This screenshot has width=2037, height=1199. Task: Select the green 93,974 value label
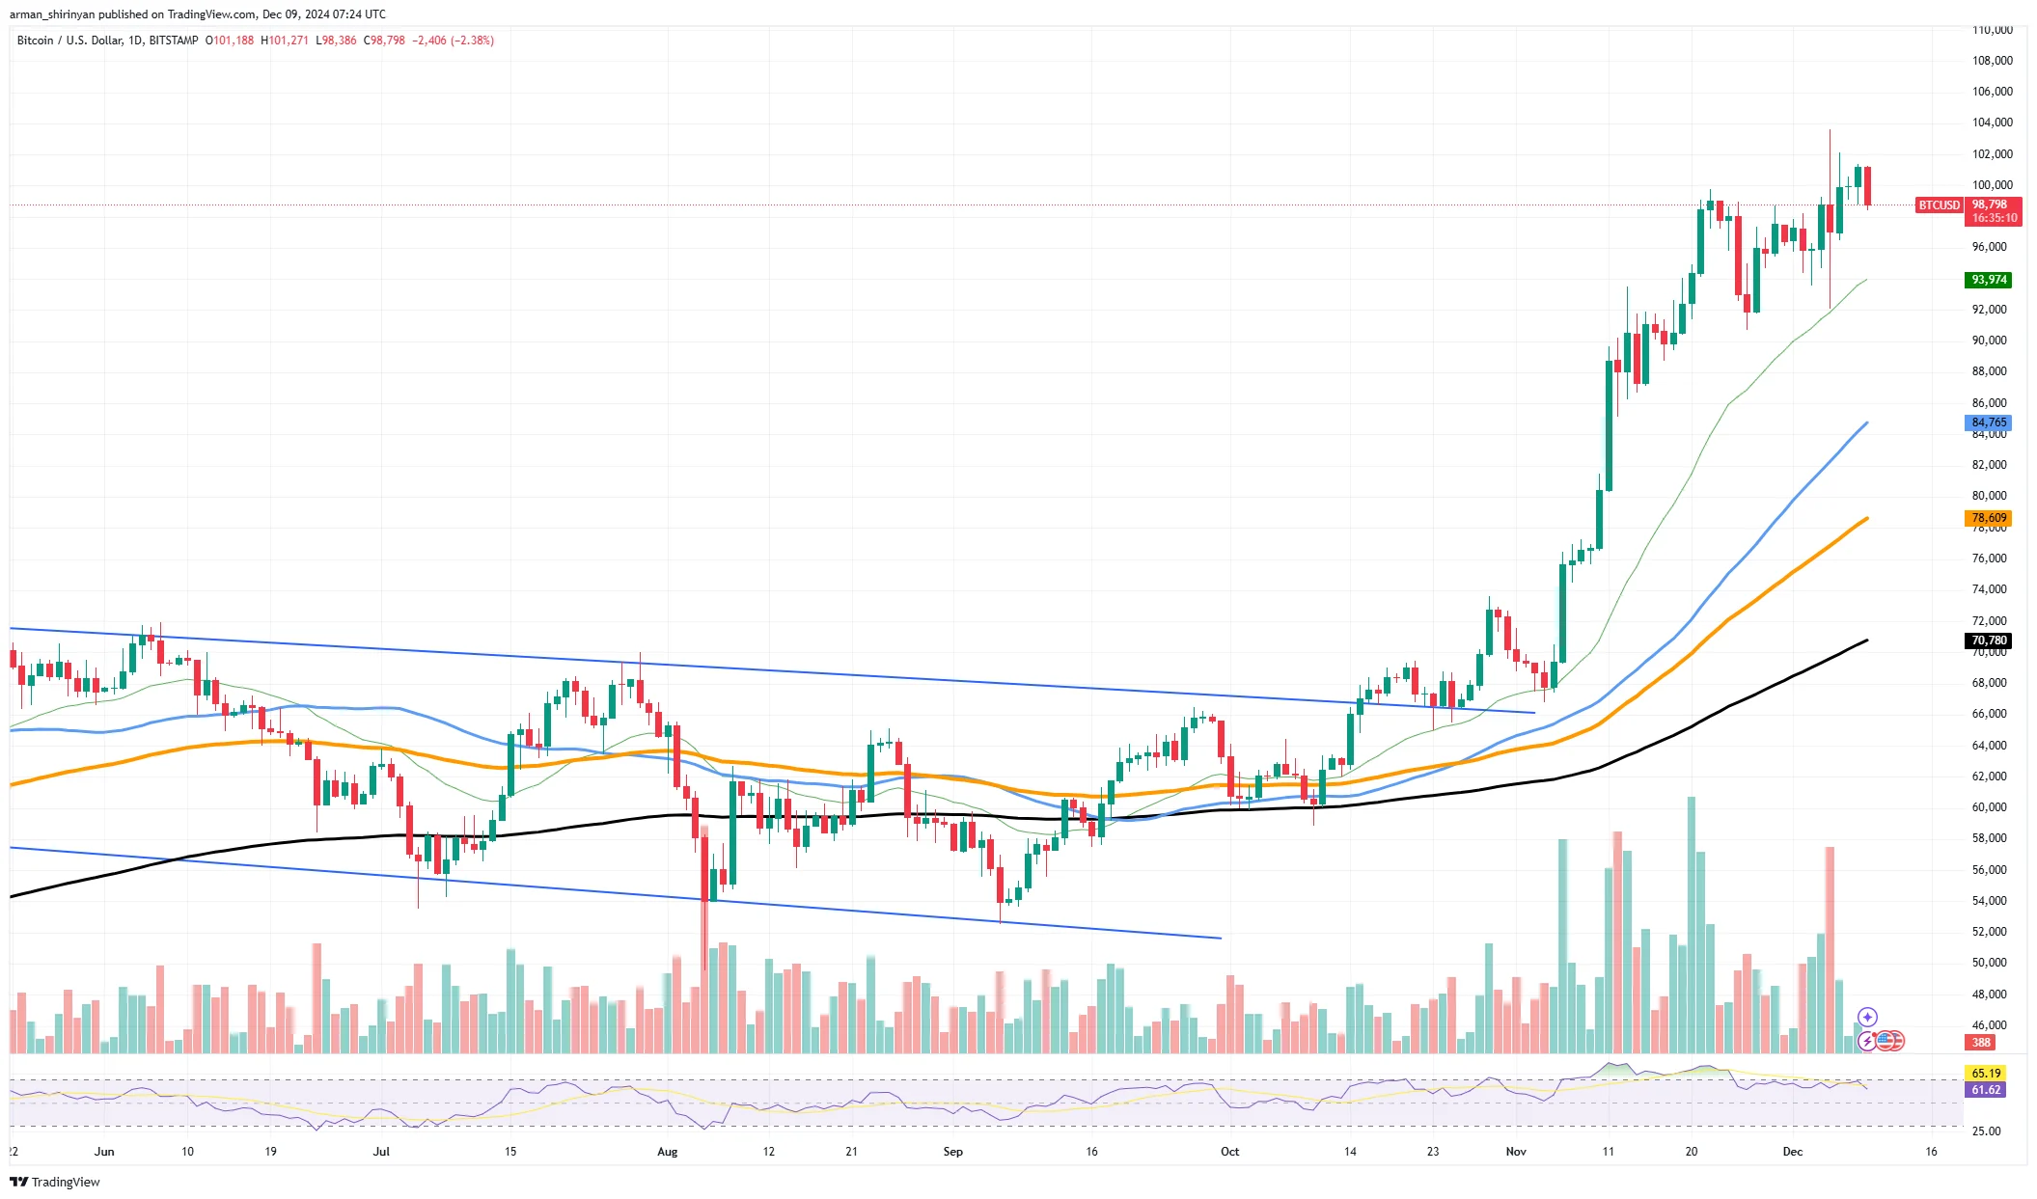pyautogui.click(x=1989, y=280)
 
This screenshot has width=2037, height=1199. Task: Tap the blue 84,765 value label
pyautogui.click(x=1989, y=422)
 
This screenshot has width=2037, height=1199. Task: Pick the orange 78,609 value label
pyautogui.click(x=1989, y=518)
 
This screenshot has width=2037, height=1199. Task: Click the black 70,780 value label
pyautogui.click(x=1989, y=640)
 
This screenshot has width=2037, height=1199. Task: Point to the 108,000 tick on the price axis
pyautogui.click(x=1992, y=61)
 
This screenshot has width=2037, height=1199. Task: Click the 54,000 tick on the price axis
pyautogui.click(x=1989, y=901)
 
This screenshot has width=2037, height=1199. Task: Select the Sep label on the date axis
pyautogui.click(x=952, y=1152)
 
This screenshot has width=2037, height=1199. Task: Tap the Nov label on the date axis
pyautogui.click(x=1516, y=1152)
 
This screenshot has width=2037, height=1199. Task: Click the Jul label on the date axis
pyautogui.click(x=381, y=1152)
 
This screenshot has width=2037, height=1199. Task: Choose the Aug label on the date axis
pyautogui.click(x=667, y=1152)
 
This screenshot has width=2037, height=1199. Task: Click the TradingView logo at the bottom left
pyautogui.click(x=55, y=1183)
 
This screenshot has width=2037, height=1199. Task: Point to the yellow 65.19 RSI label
pyautogui.click(x=1986, y=1073)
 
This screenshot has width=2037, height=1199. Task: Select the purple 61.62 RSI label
pyautogui.click(x=1986, y=1090)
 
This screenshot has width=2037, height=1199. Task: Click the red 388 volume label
pyautogui.click(x=1981, y=1043)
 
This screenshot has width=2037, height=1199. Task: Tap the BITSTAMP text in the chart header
pyautogui.click(x=174, y=41)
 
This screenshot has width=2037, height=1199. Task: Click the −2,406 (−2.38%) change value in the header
pyautogui.click(x=453, y=41)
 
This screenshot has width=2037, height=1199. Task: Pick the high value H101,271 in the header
pyautogui.click(x=285, y=41)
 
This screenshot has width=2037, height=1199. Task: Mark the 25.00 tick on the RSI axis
pyautogui.click(x=1986, y=1131)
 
